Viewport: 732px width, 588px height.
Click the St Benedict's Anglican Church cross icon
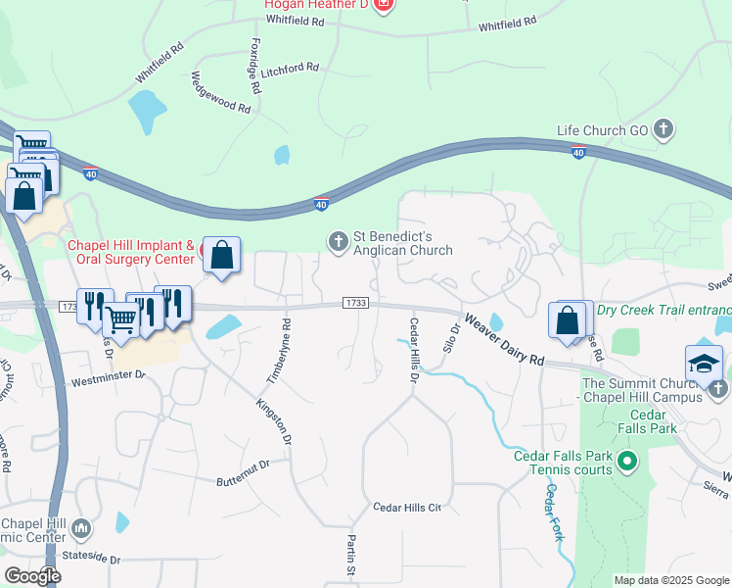pos(338,241)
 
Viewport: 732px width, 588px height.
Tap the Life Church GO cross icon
pos(663,129)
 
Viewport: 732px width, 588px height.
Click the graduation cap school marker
pos(705,364)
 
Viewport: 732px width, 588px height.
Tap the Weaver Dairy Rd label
pos(503,339)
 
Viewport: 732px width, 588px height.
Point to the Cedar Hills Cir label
pos(408,508)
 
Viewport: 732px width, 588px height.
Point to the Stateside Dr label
pos(89,560)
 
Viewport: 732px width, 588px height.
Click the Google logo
pos(32,576)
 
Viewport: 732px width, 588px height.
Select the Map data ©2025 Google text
pos(671,580)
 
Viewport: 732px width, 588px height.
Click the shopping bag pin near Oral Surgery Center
pos(223,257)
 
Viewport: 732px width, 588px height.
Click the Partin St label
pos(350,555)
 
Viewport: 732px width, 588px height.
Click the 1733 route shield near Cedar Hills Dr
pos(355,303)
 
